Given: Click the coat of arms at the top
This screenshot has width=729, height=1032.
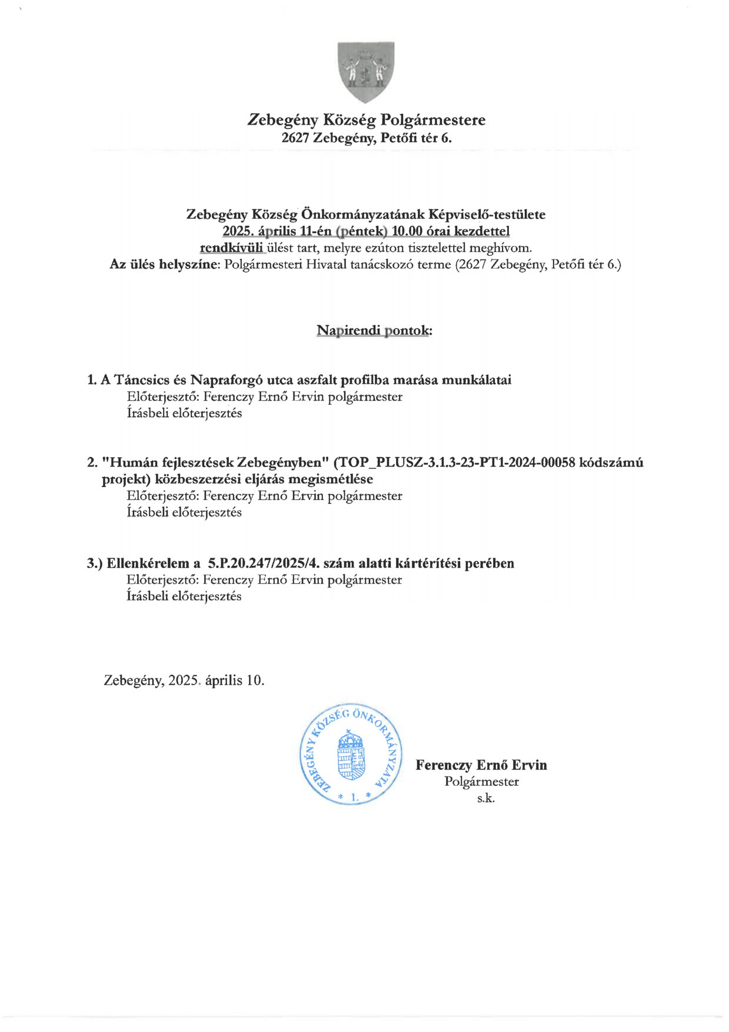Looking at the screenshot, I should point(365,71).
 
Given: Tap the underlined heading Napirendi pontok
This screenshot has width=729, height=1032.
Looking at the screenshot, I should point(374,331).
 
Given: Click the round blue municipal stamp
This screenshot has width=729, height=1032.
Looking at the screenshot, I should point(351,755).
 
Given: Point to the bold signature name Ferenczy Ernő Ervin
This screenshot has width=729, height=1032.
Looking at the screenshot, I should point(481,765).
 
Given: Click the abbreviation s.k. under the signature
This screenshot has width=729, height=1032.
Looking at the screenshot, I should point(485,798).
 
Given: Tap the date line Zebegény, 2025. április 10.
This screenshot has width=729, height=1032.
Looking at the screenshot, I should point(184,681).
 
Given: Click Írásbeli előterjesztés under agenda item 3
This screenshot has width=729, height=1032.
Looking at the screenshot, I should point(184,597).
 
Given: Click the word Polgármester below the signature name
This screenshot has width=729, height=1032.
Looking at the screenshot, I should point(481,782).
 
